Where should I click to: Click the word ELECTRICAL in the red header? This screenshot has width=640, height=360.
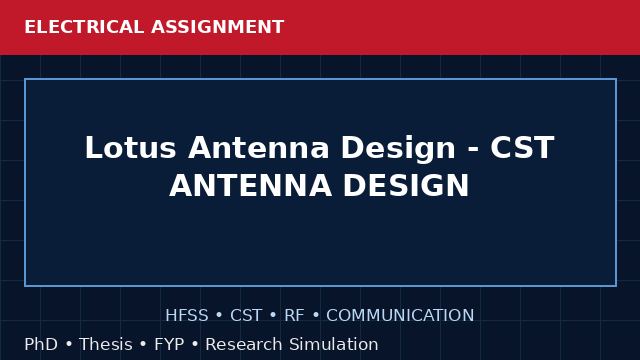[x=84, y=27]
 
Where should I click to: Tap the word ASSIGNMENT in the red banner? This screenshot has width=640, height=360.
[x=218, y=27]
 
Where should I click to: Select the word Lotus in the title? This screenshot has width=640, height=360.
[x=131, y=147]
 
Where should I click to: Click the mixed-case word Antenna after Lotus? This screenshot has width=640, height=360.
[x=258, y=147]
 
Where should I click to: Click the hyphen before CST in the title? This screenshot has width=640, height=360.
[x=473, y=149]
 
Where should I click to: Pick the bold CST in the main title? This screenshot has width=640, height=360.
[x=522, y=147]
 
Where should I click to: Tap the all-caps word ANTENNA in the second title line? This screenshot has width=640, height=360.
[x=251, y=185]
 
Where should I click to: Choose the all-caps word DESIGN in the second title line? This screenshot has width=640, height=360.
[x=406, y=185]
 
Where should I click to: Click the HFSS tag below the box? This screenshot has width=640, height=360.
[x=187, y=316]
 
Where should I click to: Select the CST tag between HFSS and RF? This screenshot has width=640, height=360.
[x=246, y=316]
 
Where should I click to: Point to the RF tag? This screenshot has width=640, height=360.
[x=294, y=316]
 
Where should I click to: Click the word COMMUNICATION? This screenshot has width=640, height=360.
[x=400, y=316]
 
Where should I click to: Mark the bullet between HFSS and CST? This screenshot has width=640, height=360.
[x=219, y=316]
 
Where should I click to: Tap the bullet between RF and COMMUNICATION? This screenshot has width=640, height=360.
[x=316, y=316]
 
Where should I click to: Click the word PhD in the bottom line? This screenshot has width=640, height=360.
[x=41, y=344]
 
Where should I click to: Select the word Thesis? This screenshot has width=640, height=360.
[x=106, y=344]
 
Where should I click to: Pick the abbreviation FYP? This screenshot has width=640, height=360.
[x=169, y=344]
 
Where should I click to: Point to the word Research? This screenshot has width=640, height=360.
[x=244, y=344]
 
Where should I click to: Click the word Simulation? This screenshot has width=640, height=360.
[x=334, y=344]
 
